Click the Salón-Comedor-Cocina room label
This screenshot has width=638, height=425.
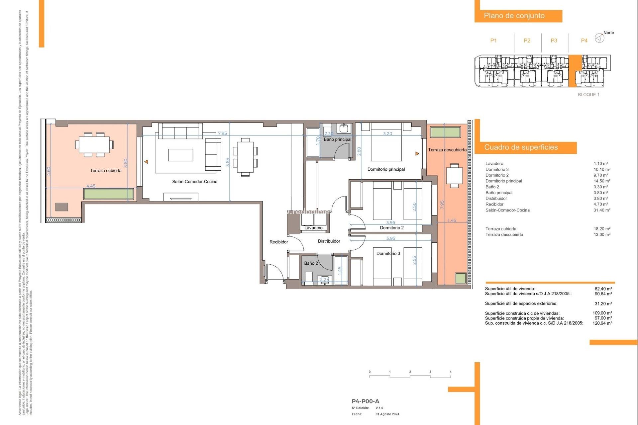195,182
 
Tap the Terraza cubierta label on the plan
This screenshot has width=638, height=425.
106,171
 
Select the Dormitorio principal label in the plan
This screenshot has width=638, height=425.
386,169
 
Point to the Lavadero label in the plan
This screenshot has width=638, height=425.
313,228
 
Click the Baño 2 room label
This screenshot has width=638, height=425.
311,263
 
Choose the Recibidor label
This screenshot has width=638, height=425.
278,242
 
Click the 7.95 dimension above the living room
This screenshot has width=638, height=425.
222,133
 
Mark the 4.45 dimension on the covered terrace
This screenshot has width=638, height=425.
91,186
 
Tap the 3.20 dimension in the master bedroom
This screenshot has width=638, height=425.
387,133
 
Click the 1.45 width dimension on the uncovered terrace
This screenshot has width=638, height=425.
452,220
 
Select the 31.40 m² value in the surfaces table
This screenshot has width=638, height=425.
602,210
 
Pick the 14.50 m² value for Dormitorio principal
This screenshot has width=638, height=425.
602,181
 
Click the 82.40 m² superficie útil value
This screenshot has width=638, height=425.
603,289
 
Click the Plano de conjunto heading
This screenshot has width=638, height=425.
514,16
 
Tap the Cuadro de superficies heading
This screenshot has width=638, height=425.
521,147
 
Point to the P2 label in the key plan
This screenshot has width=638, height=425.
527,41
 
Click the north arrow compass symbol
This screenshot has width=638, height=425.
599,38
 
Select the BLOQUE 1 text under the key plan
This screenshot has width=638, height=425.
588,95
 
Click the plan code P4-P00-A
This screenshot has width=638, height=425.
365,401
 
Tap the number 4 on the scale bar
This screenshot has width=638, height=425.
451,372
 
